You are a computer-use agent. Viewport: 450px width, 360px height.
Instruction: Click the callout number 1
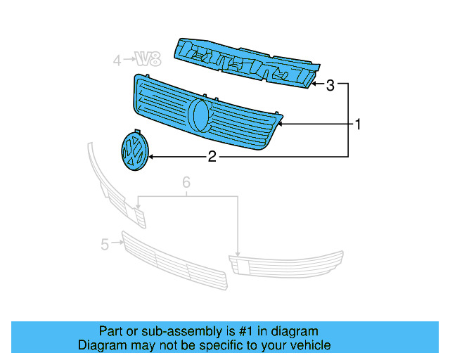click(358, 125)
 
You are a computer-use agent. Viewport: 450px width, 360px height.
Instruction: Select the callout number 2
click(212, 157)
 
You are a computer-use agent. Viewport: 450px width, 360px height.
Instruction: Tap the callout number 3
click(329, 86)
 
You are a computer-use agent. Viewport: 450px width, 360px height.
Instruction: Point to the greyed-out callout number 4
click(117, 61)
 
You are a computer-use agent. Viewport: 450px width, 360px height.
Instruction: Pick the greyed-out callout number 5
click(104, 245)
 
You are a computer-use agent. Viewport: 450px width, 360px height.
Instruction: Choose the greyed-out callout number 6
click(186, 183)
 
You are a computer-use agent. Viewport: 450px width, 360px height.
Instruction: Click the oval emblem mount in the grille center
click(200, 114)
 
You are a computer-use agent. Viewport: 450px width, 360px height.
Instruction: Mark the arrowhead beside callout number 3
click(316, 85)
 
